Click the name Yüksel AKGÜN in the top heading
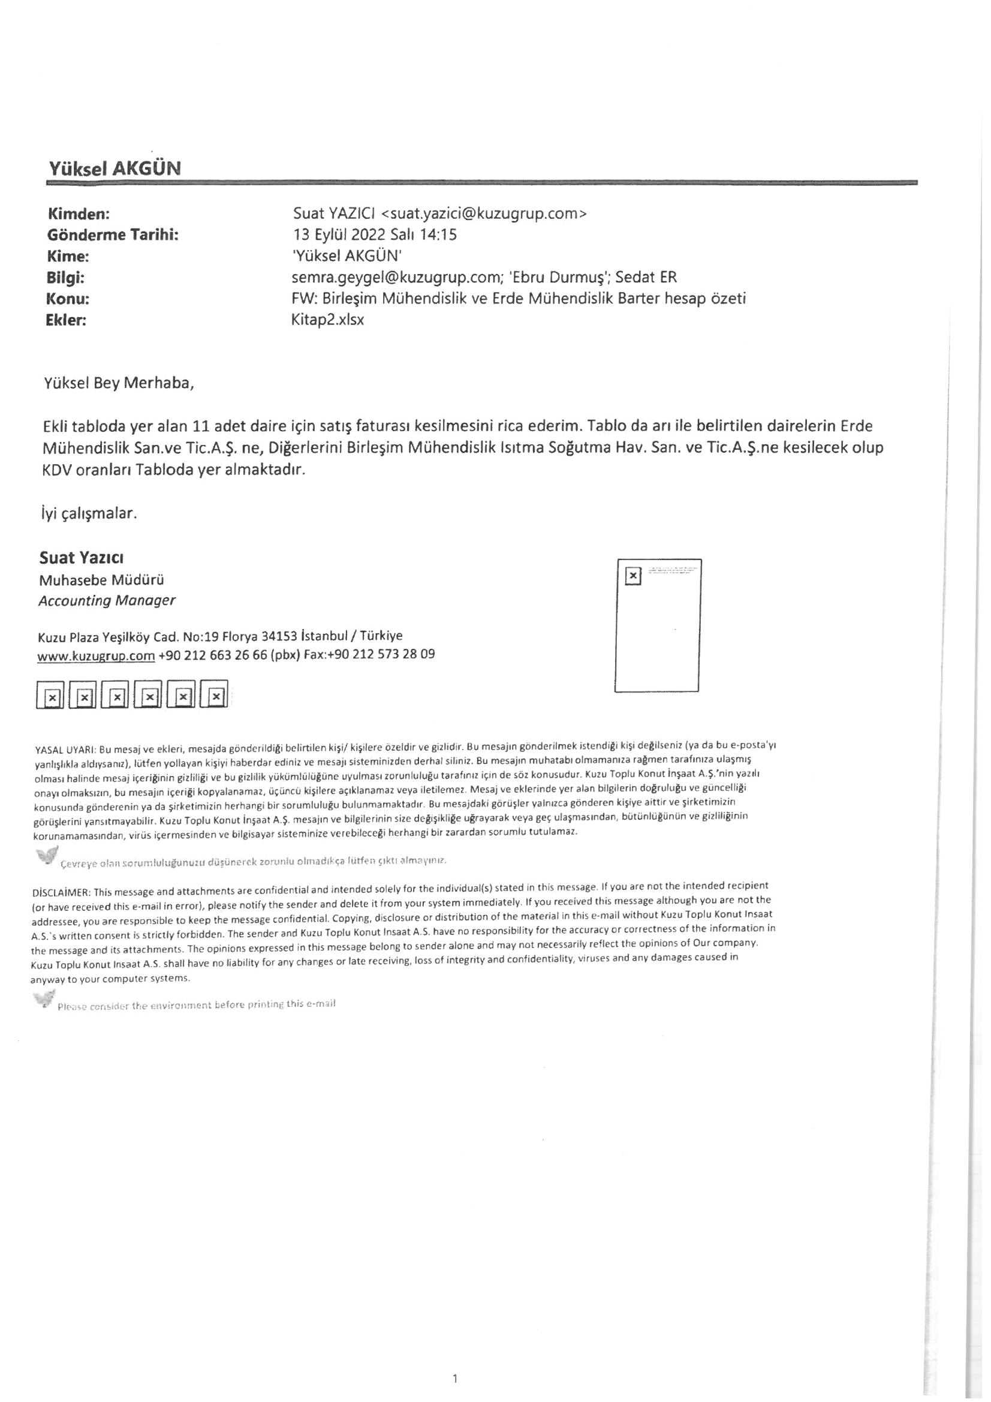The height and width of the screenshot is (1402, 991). coord(114,169)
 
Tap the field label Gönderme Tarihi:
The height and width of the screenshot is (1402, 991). coord(113,235)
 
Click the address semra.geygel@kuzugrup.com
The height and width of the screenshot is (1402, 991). coord(392,278)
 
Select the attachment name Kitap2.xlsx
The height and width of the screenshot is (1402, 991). coord(328,320)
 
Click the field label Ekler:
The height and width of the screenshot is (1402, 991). coord(67,320)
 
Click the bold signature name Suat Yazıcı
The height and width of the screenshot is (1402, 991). coord(82,558)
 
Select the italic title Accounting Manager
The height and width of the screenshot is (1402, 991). coord(107,600)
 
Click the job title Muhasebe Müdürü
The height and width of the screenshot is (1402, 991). coord(101,579)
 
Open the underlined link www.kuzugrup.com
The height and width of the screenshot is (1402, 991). coord(96,656)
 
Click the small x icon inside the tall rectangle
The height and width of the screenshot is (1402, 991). coord(634,576)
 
